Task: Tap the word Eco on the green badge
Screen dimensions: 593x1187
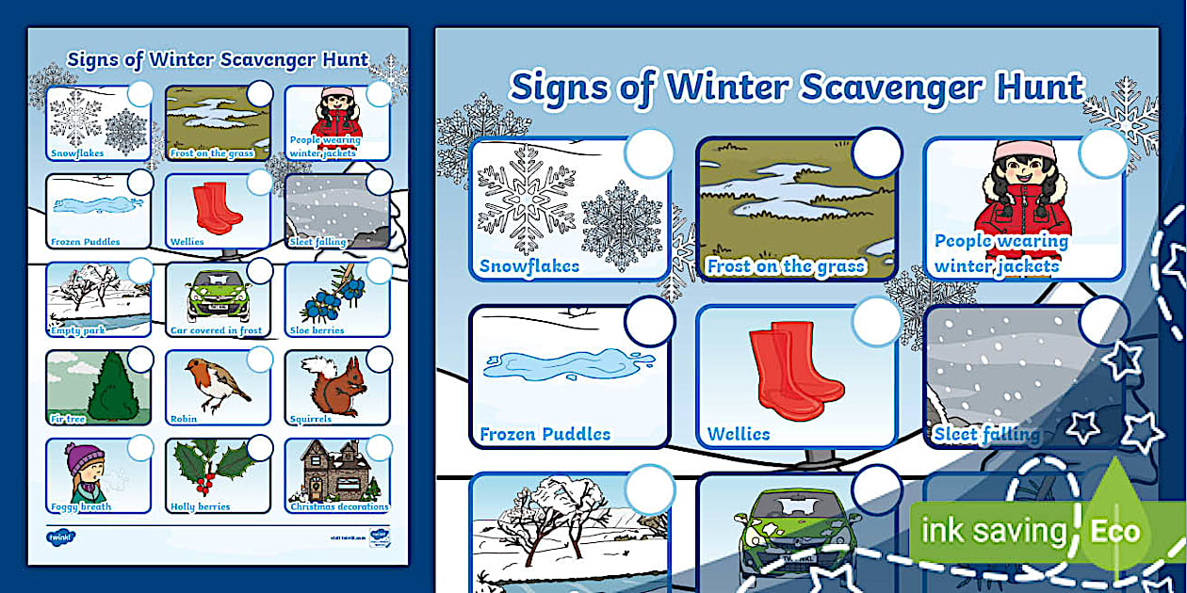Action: (x=1115, y=531)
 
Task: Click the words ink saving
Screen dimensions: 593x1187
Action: (x=994, y=532)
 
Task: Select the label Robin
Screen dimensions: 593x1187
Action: (x=184, y=419)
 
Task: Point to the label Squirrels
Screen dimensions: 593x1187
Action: (x=310, y=419)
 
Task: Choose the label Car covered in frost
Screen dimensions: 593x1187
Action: (x=216, y=331)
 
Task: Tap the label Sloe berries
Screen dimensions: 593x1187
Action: (x=317, y=331)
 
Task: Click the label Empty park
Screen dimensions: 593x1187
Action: (x=78, y=331)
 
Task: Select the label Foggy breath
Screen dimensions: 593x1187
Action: (x=81, y=506)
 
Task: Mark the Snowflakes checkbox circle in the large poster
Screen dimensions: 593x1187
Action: (x=649, y=152)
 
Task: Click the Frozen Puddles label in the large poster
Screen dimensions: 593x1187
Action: (x=545, y=434)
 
